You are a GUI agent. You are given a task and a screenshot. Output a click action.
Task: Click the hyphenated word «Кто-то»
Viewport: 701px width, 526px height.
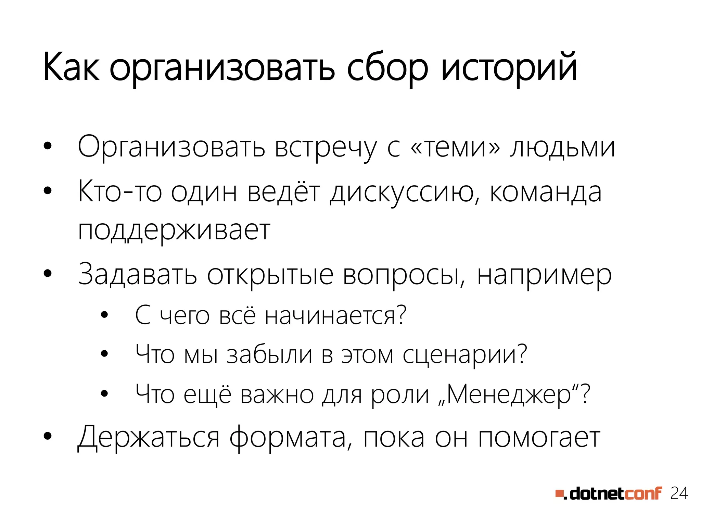point(120,192)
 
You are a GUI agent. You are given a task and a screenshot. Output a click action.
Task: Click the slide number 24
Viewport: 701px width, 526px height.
point(679,493)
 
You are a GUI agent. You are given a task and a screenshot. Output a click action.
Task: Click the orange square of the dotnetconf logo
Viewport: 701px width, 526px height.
point(559,493)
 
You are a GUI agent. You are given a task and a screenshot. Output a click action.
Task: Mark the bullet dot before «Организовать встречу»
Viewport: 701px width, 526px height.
point(48,146)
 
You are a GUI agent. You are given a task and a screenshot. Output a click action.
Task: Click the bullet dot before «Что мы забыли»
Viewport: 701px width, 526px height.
point(104,354)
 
